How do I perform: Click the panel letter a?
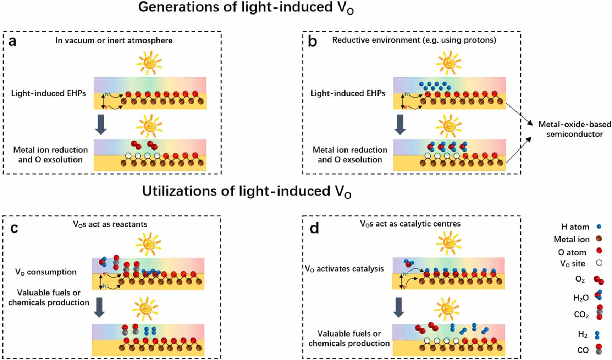click(x=12, y=42)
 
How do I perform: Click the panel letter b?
click(x=312, y=42)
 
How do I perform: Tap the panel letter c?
click(x=14, y=228)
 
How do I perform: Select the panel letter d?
click(x=314, y=228)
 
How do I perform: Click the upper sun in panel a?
click(x=149, y=63)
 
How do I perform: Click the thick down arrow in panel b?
click(x=400, y=124)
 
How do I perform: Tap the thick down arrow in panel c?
click(x=99, y=307)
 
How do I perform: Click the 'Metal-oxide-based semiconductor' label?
click(x=574, y=129)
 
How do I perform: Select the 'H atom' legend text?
click(x=575, y=227)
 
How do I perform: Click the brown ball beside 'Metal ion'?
click(x=599, y=239)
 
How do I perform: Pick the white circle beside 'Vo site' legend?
click(x=599, y=263)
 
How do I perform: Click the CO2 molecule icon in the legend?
click(x=600, y=312)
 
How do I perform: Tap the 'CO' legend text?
click(x=583, y=350)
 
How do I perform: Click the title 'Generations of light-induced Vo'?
click(x=246, y=8)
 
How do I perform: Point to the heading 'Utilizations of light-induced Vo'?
click(x=246, y=191)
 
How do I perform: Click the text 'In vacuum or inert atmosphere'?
click(x=114, y=40)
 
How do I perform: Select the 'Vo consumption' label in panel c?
click(x=45, y=272)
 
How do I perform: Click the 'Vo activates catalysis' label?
click(x=344, y=269)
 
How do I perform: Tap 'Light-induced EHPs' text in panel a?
click(x=48, y=93)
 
